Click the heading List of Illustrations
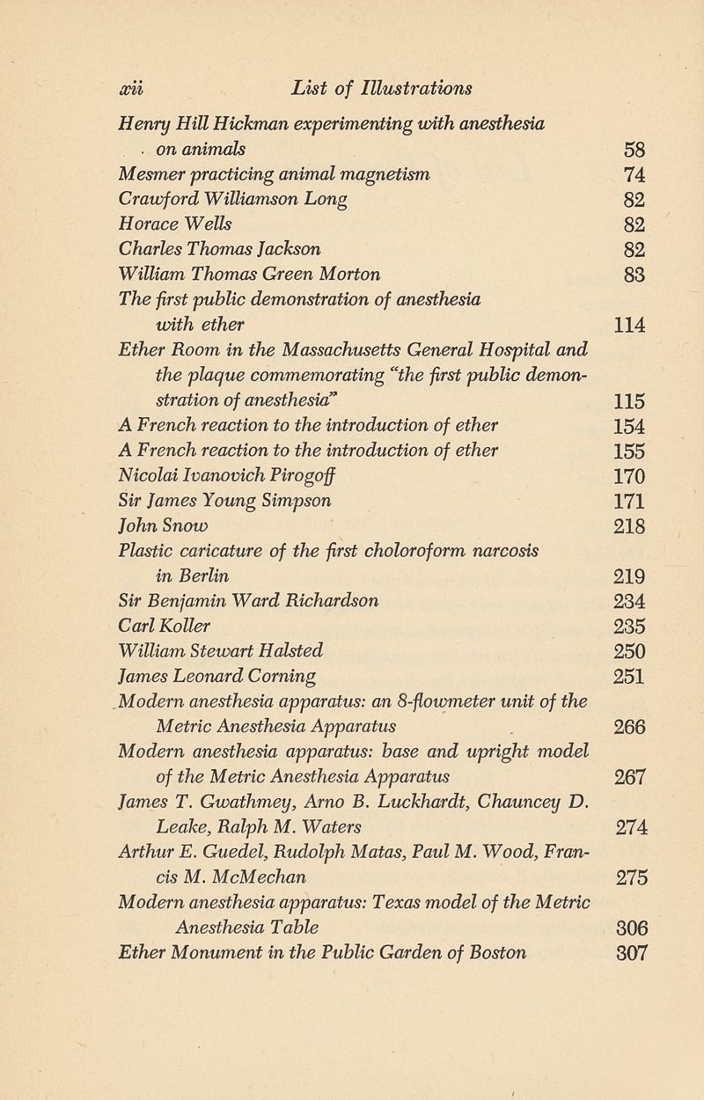[384, 89]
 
